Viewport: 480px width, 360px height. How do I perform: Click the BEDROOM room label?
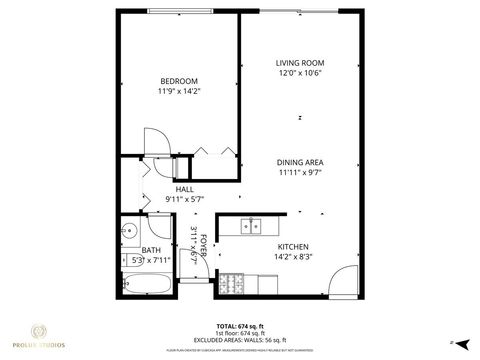tap(179, 81)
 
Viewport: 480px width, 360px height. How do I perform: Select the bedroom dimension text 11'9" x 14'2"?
tap(179, 92)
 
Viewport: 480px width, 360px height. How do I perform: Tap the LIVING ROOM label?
tap(300, 63)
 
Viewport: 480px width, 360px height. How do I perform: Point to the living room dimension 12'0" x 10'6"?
tap(300, 74)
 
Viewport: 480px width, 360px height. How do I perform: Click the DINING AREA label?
tap(300, 161)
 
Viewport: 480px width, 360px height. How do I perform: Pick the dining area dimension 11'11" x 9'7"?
tap(300, 172)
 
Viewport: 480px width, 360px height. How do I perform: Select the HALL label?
tap(184, 189)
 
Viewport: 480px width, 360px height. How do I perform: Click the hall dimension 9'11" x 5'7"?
tap(184, 200)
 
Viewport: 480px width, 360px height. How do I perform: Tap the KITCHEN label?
tap(292, 246)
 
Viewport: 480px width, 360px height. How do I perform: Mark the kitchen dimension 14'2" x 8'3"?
tap(292, 257)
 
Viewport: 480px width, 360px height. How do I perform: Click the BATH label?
tap(151, 250)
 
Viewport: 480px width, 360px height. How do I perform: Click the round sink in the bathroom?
tap(128, 232)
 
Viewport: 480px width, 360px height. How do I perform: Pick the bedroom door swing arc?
tap(155, 140)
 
